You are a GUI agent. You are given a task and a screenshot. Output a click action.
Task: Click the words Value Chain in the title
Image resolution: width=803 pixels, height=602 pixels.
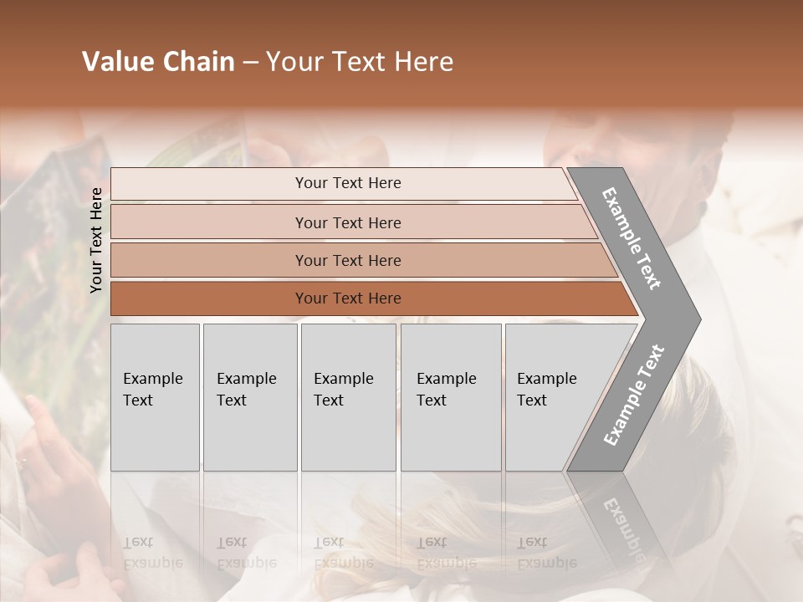point(158,62)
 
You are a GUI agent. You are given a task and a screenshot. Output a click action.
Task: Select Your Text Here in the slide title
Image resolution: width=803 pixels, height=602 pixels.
point(360,62)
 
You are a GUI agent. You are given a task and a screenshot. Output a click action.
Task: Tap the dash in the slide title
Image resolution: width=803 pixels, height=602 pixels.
point(250,63)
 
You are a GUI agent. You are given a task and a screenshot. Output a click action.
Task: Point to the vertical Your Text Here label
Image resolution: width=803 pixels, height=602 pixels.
point(96,240)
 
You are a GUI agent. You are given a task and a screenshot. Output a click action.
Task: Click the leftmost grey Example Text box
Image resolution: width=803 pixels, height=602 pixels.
point(155,397)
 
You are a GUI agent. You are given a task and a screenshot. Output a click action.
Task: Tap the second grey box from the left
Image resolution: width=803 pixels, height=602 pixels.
point(250,397)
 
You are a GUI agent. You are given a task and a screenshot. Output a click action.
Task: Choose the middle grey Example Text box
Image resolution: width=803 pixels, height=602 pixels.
point(348,397)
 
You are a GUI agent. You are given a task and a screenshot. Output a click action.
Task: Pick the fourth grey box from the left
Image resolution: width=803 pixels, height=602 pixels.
point(451,397)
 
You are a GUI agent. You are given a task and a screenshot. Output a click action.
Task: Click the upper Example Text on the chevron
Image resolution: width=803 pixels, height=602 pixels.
point(632,238)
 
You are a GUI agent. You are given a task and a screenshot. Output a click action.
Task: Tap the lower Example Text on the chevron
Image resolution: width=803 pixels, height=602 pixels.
point(634,395)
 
